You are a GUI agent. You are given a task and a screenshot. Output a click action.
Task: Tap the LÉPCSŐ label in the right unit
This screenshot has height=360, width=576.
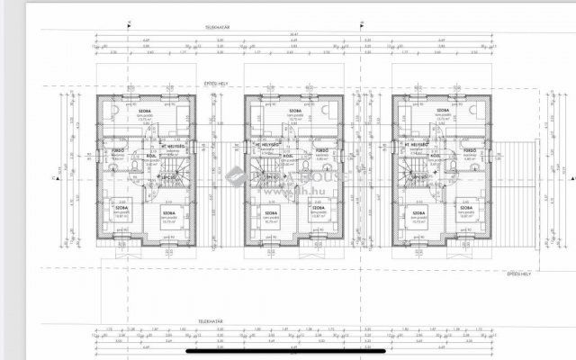418,178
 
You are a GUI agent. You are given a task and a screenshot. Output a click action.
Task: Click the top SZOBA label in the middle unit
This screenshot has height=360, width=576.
289,112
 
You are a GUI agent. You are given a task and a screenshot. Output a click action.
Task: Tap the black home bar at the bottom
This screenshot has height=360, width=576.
288,352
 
